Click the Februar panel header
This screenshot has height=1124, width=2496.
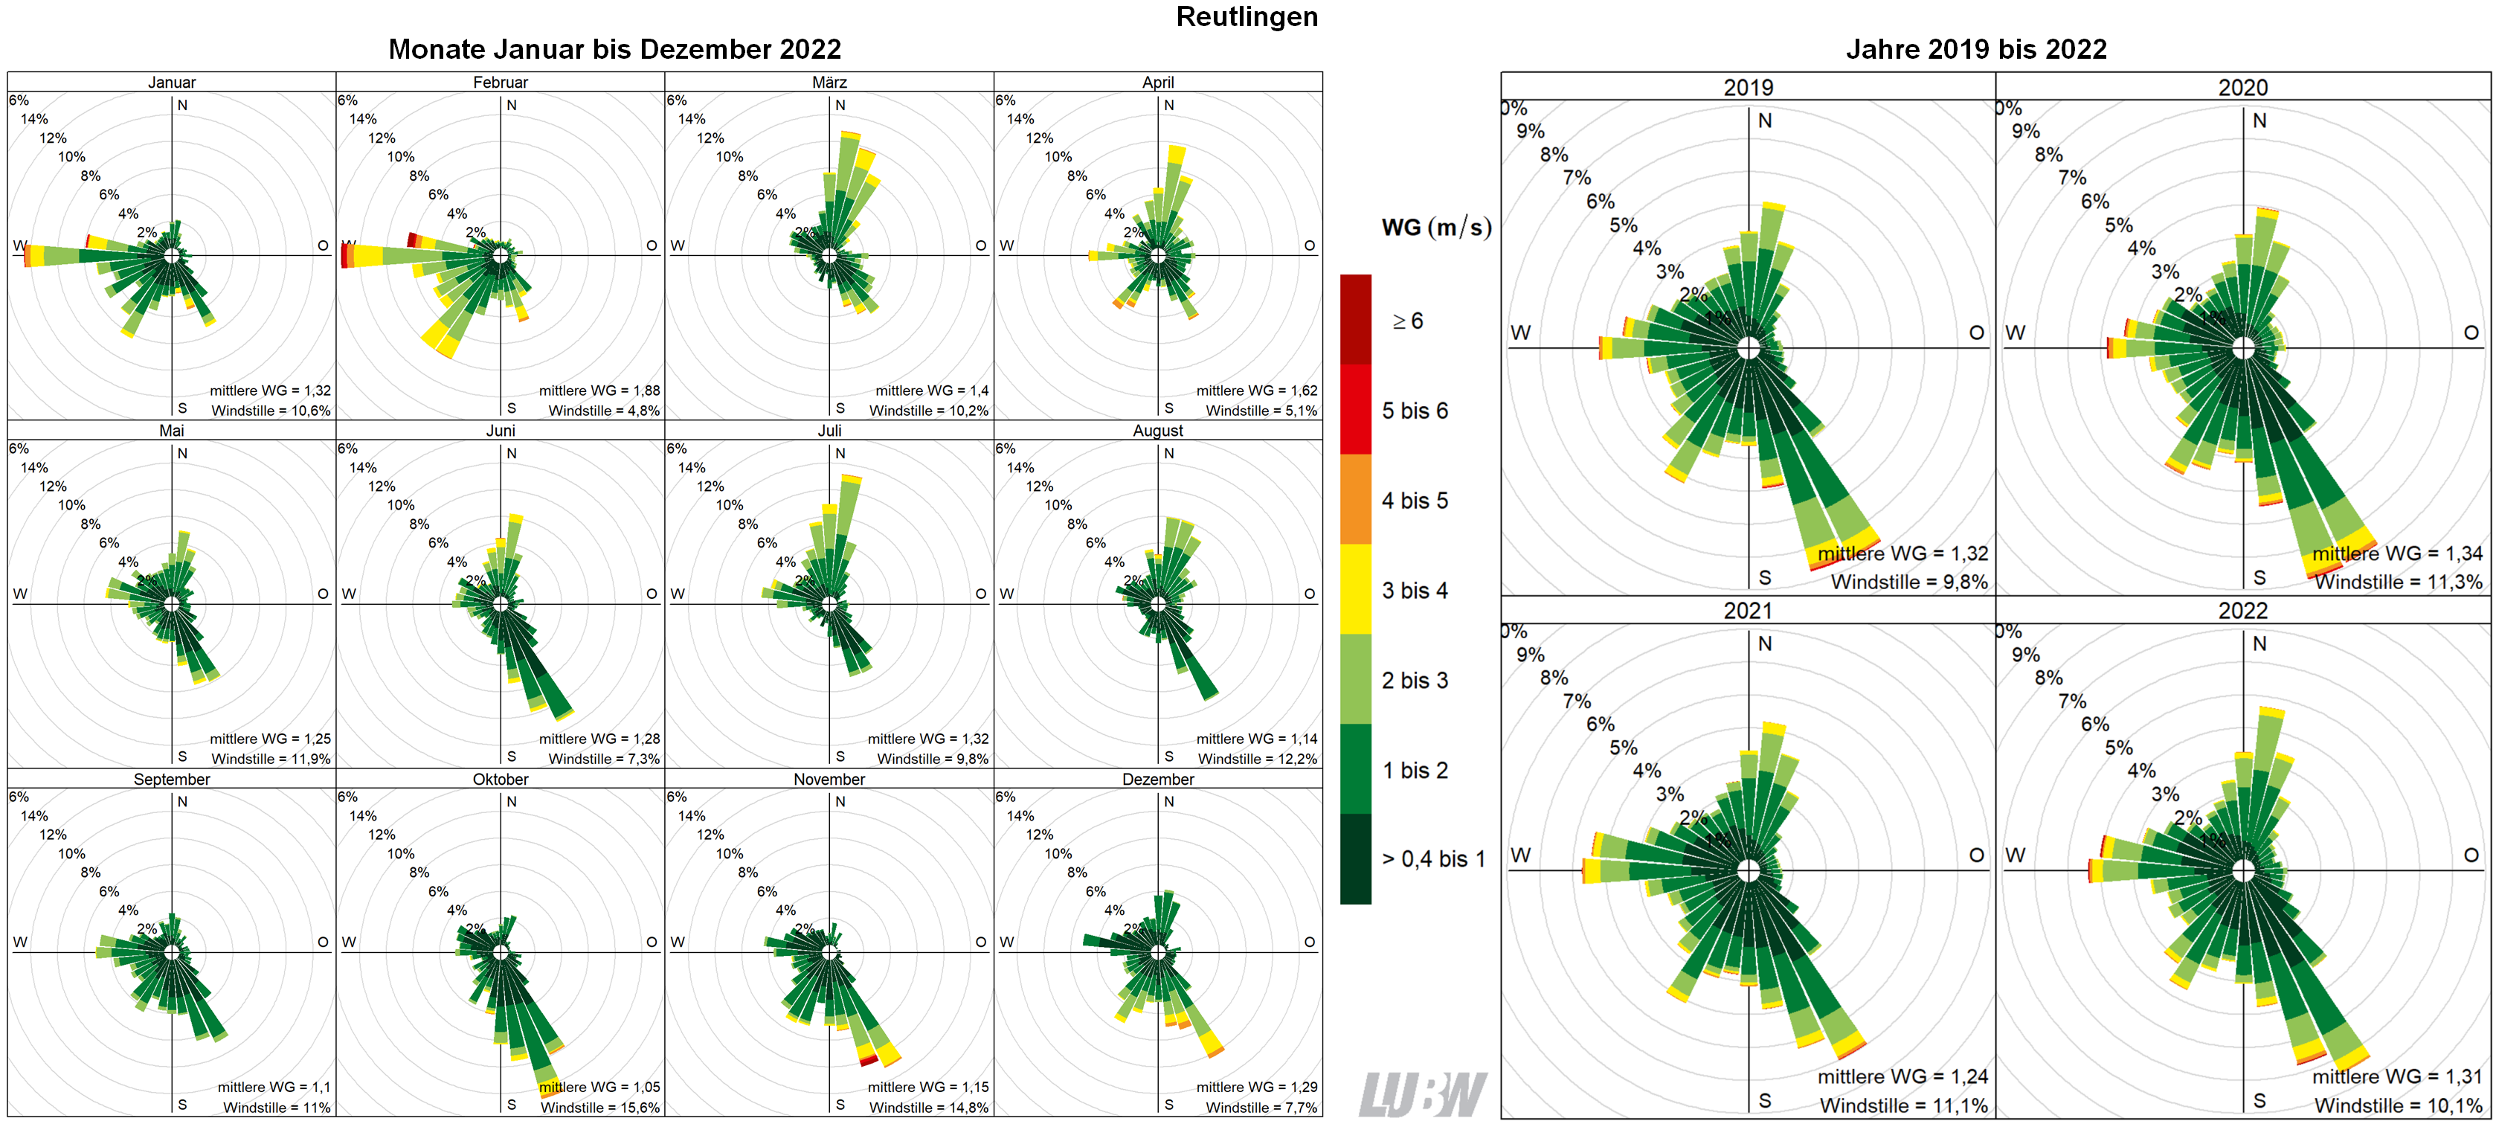click(500, 83)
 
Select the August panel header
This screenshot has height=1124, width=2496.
click(1157, 430)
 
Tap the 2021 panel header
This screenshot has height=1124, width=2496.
click(1747, 611)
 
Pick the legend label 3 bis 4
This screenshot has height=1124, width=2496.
click(1414, 590)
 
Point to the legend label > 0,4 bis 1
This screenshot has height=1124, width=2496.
click(1432, 858)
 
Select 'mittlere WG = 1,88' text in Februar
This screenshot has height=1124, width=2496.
click(599, 391)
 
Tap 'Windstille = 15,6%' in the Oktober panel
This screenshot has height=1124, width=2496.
click(599, 1108)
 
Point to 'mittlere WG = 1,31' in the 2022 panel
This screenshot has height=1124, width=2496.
click(2396, 1076)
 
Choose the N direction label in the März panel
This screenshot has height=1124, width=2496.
click(840, 105)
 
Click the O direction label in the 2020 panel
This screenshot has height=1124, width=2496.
click(2470, 333)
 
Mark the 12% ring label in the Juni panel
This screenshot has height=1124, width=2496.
click(381, 486)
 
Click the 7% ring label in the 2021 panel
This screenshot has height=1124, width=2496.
click(1577, 701)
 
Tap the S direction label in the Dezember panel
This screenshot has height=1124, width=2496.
click(1168, 1105)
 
